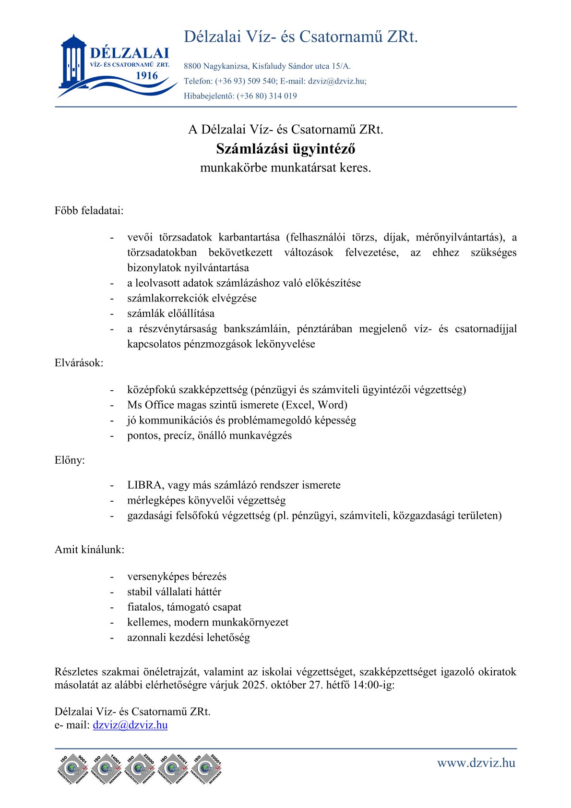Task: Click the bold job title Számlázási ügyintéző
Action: click(285, 149)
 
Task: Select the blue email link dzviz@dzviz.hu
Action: click(130, 725)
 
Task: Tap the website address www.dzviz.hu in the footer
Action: click(476, 763)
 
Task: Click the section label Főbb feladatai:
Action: click(89, 210)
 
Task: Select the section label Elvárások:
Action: click(79, 363)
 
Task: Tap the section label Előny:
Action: click(70, 460)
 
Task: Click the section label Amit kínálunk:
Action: click(90, 550)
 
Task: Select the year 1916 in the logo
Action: click(146, 76)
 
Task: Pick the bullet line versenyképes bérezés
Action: click(177, 577)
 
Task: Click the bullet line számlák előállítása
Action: click(171, 314)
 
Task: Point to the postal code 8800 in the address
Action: click(192, 66)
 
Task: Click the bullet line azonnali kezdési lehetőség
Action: click(189, 638)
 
